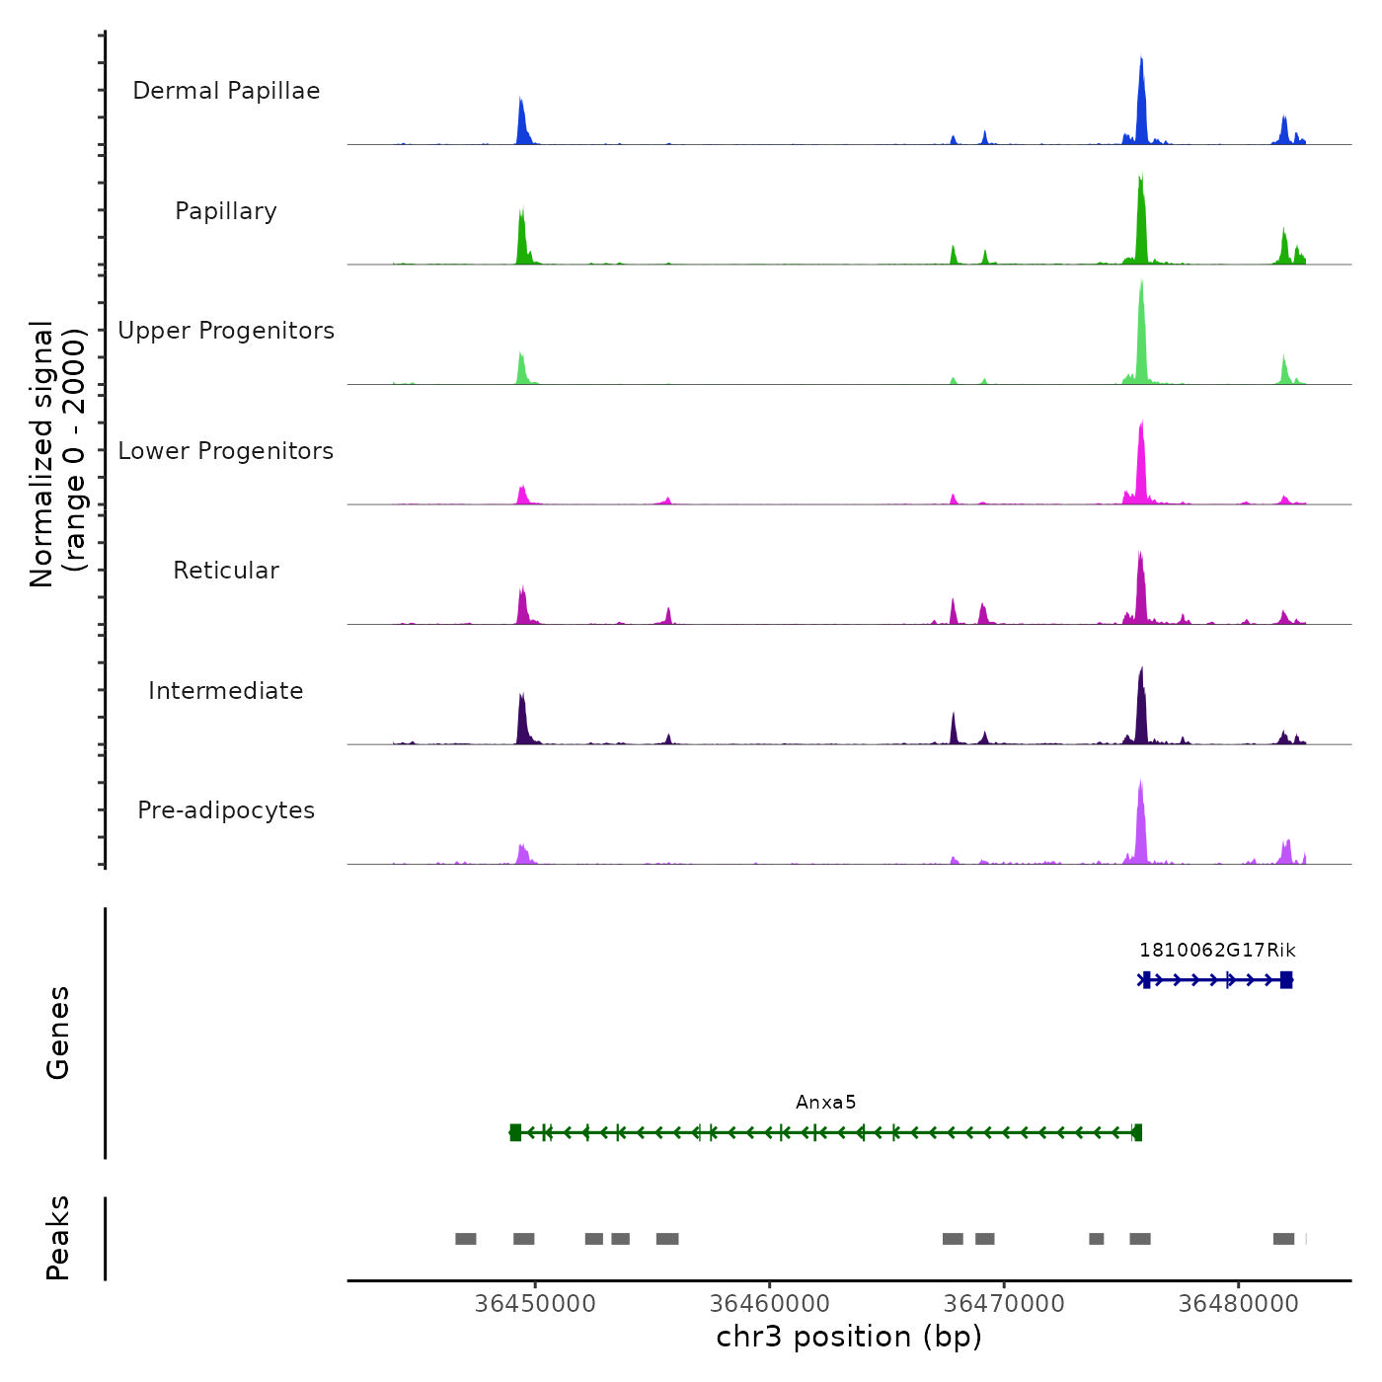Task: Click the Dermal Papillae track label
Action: click(226, 91)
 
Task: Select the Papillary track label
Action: click(226, 211)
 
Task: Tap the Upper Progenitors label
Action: click(226, 331)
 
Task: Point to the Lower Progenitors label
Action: click(226, 451)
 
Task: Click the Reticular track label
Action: click(226, 571)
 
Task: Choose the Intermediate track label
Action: click(226, 691)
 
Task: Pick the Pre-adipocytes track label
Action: click(226, 810)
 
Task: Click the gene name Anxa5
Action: click(826, 1103)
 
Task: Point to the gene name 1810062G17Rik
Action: click(1217, 951)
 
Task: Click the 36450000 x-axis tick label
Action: click(535, 1304)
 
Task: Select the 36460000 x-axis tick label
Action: click(770, 1304)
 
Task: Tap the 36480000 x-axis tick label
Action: click(1239, 1304)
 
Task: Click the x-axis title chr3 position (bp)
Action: click(849, 1338)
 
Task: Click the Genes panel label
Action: click(58, 1033)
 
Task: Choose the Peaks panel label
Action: click(58, 1238)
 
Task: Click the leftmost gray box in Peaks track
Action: click(466, 1239)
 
